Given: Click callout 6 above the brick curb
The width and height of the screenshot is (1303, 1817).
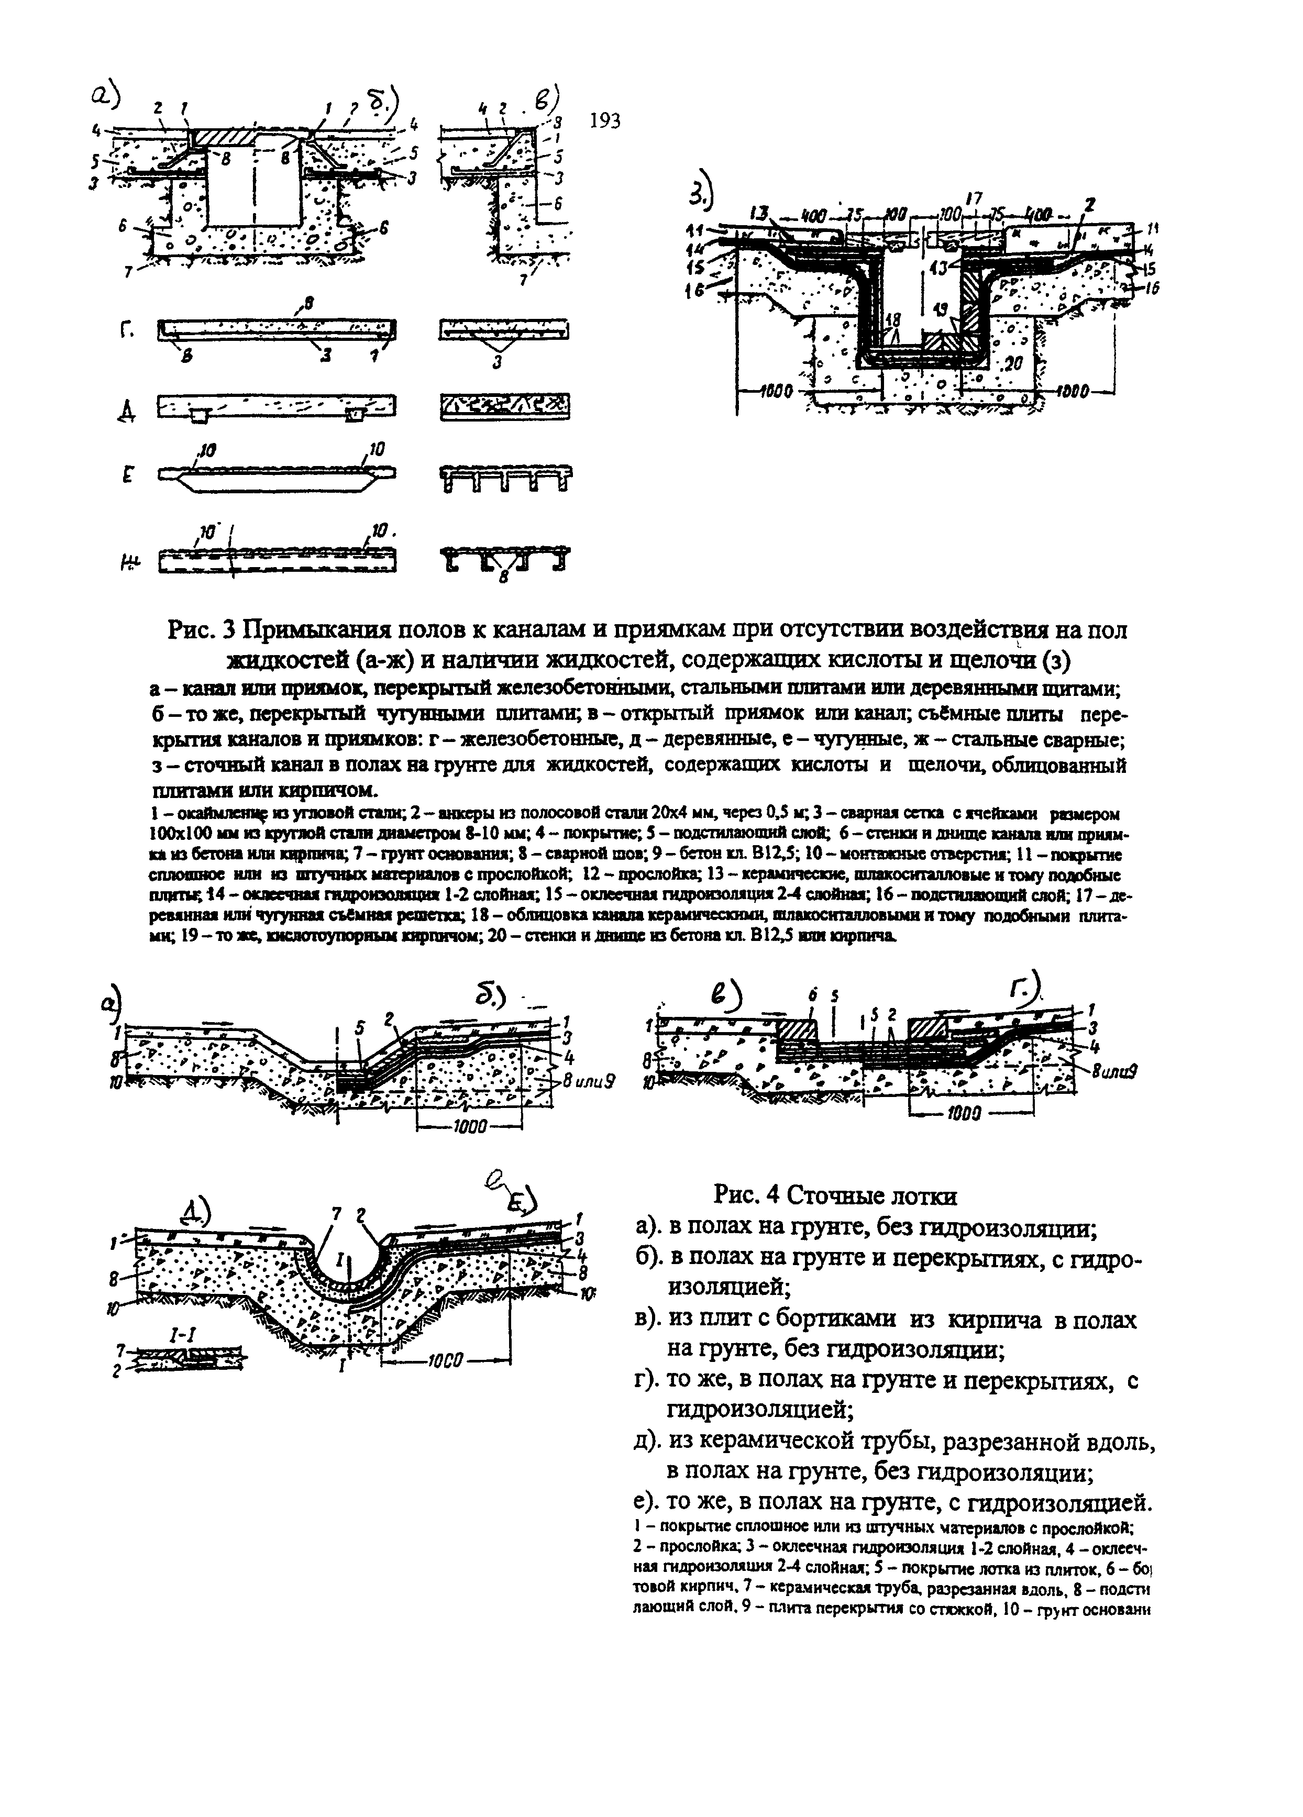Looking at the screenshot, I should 813,996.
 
